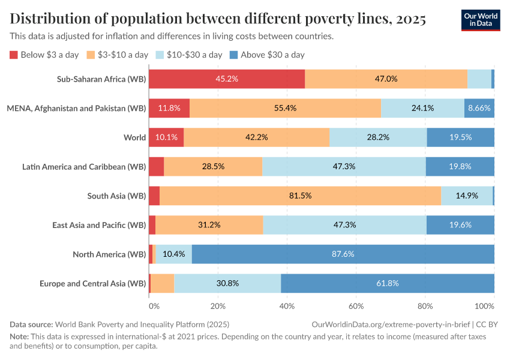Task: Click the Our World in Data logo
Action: [x=480, y=20]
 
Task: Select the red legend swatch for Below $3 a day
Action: [x=14, y=55]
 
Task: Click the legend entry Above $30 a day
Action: [x=272, y=55]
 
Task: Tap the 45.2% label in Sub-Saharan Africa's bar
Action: [x=227, y=79]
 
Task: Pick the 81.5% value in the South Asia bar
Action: [x=300, y=196]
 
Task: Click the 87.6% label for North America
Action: [x=343, y=254]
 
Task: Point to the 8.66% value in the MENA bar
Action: [x=479, y=108]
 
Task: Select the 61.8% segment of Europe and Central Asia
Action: [x=387, y=283]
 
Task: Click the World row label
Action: [x=134, y=137]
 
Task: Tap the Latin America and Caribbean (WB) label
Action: [x=84, y=166]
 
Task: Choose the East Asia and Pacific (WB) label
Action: [x=99, y=225]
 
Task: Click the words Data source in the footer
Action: [x=31, y=324]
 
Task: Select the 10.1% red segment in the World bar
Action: [x=166, y=137]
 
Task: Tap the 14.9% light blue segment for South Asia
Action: [x=467, y=196]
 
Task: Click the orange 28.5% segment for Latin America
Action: [x=213, y=166]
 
